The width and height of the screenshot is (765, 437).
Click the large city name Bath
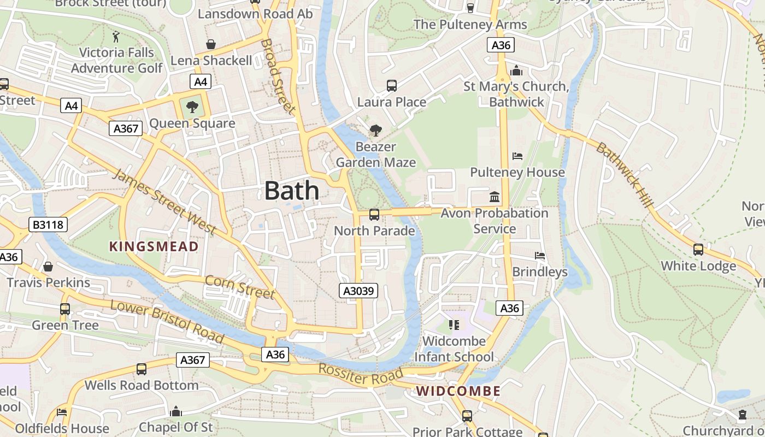pyautogui.click(x=292, y=191)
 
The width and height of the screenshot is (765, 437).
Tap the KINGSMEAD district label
pyautogui.click(x=154, y=246)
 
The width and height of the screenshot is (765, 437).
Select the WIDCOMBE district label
pyautogui.click(x=458, y=391)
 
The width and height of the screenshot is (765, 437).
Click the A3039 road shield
pyautogui.click(x=358, y=291)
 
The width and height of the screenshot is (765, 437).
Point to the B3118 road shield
pyautogui.click(x=48, y=224)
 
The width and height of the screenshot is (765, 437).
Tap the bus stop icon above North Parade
pyautogui.click(x=374, y=215)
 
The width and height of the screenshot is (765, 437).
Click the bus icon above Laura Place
pyautogui.click(x=392, y=86)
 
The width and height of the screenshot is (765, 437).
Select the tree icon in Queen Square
pyautogui.click(x=192, y=107)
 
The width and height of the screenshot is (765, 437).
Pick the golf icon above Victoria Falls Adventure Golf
pyautogui.click(x=116, y=37)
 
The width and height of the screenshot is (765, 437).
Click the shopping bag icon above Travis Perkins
pyautogui.click(x=48, y=267)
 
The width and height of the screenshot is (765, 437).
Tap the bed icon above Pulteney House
pyautogui.click(x=517, y=156)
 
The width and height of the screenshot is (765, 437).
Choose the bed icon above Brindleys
pyautogui.click(x=540, y=256)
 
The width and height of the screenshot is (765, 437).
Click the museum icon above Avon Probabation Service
pyautogui.click(x=495, y=197)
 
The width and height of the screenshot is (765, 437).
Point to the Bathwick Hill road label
pyautogui.click(x=625, y=174)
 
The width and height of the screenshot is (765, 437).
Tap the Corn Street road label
pyautogui.click(x=240, y=287)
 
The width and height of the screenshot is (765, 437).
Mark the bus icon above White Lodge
pyautogui.click(x=698, y=250)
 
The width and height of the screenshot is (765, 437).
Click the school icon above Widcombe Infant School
pyautogui.click(x=454, y=325)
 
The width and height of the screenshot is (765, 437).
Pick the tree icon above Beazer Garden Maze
pyautogui.click(x=375, y=131)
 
